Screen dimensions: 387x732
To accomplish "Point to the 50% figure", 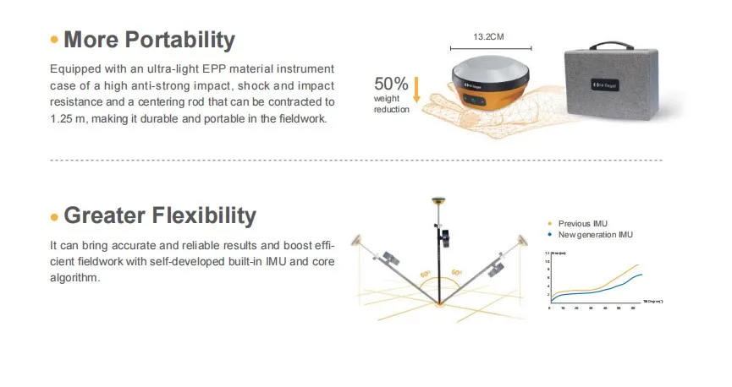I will click(x=391, y=84).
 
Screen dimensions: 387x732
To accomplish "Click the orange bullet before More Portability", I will click(x=55, y=41).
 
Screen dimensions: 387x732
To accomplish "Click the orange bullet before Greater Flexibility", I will click(x=55, y=217).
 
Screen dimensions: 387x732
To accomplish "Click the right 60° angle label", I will click(x=457, y=273).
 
